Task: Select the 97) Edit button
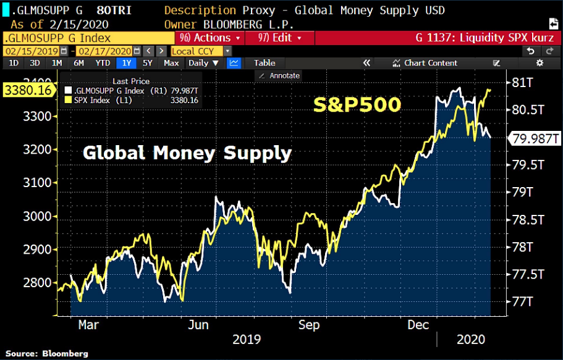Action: click(276, 38)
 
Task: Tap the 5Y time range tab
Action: click(147, 63)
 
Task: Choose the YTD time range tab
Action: click(103, 63)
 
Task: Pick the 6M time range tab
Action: click(78, 63)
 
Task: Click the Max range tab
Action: click(171, 63)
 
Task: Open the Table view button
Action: click(265, 63)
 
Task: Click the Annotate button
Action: click(279, 75)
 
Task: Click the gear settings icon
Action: click(540, 63)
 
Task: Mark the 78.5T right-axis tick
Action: click(525, 219)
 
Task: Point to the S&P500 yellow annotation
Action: click(357, 106)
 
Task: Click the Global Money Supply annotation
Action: click(187, 152)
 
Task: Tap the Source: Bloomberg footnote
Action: click(48, 354)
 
